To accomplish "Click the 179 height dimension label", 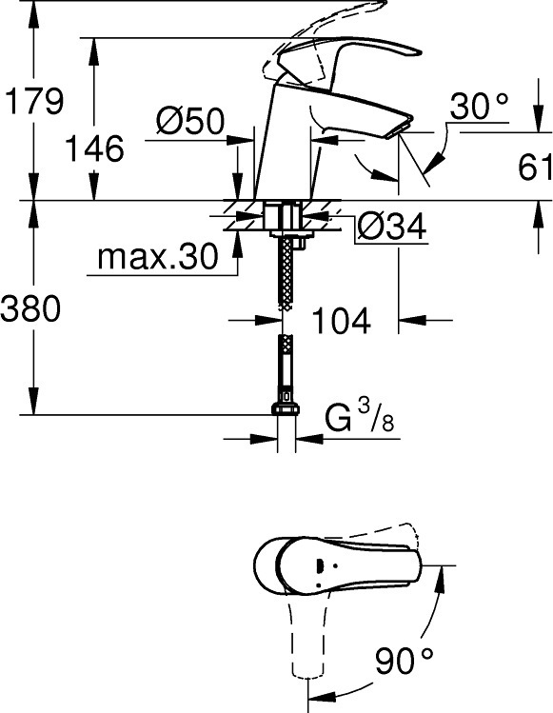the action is point(34,102).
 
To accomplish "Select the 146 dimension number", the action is point(94,149).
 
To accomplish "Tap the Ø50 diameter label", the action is point(190,121).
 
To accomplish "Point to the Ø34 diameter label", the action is point(392,226).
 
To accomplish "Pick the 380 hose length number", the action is point(30,307).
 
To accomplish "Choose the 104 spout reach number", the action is point(341,321).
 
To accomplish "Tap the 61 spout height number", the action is point(535,167).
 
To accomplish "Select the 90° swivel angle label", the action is point(404,661).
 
